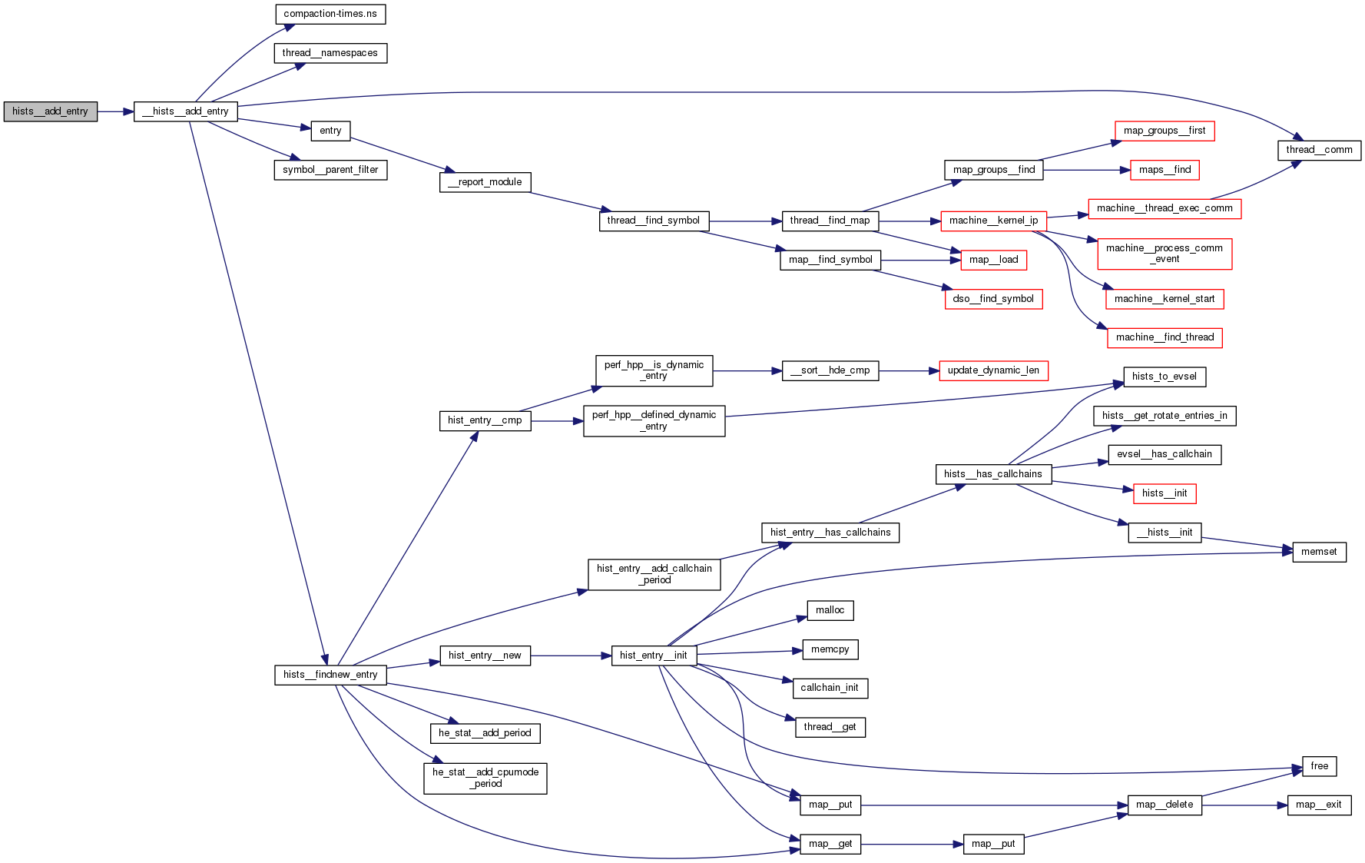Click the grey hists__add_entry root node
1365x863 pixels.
(51, 111)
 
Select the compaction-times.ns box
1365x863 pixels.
(330, 14)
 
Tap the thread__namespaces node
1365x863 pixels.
(330, 53)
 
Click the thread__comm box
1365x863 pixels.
(1319, 150)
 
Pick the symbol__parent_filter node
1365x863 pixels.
(330, 170)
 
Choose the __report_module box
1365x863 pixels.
(485, 182)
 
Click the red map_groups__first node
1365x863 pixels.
(1165, 131)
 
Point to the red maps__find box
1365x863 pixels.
(1165, 170)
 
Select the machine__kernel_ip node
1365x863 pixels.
(993, 221)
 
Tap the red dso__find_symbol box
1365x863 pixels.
(993, 299)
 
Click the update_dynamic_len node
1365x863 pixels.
(993, 370)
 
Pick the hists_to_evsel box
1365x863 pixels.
(1165, 377)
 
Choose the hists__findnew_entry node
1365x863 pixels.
(330, 675)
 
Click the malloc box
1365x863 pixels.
(830, 610)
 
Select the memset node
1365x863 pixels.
(1319, 552)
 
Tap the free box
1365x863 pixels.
(1319, 766)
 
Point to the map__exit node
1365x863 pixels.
(1319, 805)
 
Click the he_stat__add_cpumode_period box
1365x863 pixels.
(485, 778)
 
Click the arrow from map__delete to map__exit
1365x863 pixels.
(1244, 805)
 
